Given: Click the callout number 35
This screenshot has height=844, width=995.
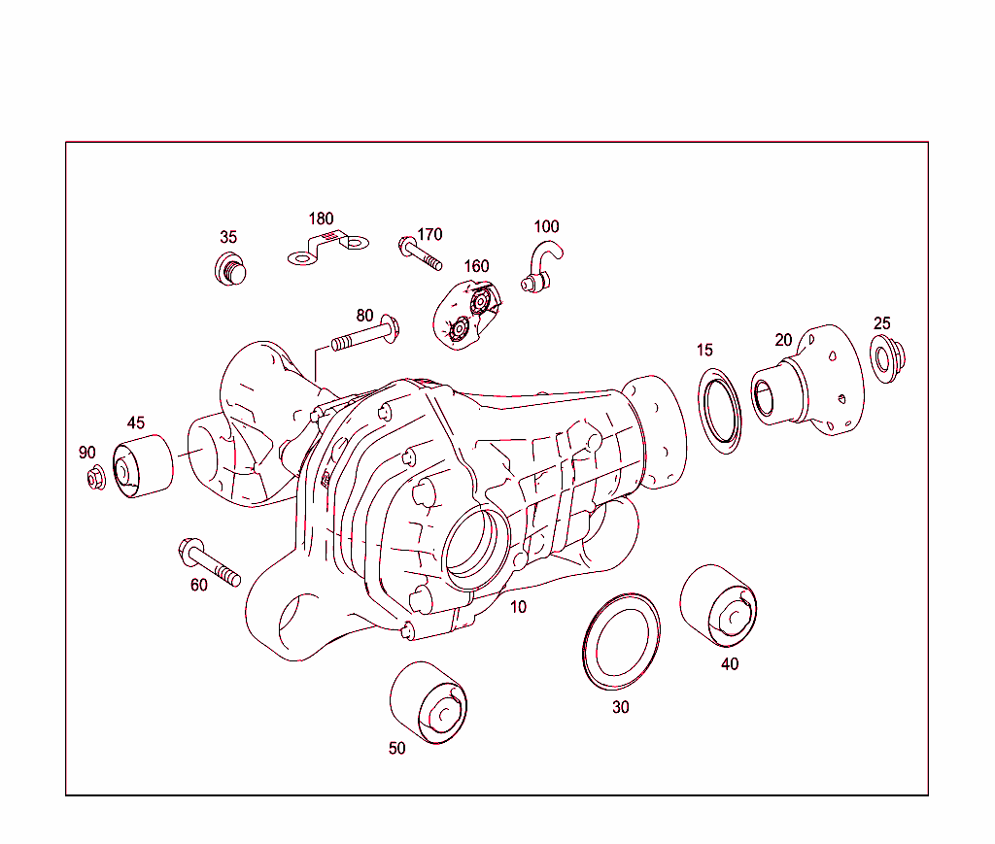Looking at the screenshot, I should pyautogui.click(x=228, y=237).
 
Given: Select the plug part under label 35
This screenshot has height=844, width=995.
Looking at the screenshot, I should pyautogui.click(x=229, y=268).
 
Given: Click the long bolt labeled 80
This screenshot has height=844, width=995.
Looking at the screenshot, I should pyautogui.click(x=362, y=338).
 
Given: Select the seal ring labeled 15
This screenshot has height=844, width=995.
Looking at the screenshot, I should pyautogui.click(x=720, y=411).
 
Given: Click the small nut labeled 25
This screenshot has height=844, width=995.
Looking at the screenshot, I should pyautogui.click(x=886, y=358).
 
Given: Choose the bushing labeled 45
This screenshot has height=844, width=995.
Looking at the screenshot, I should pyautogui.click(x=144, y=468).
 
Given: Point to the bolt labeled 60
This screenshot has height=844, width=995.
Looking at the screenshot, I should pyautogui.click(x=208, y=562).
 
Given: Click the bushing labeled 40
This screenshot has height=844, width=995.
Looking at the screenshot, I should pyautogui.click(x=718, y=603).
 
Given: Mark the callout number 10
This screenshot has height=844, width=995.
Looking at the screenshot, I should pyautogui.click(x=519, y=607).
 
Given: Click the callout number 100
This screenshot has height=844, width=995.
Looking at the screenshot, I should pyautogui.click(x=546, y=226).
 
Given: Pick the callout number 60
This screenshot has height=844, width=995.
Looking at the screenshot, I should pyautogui.click(x=198, y=585).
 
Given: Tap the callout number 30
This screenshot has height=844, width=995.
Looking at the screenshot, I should pyautogui.click(x=620, y=707).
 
